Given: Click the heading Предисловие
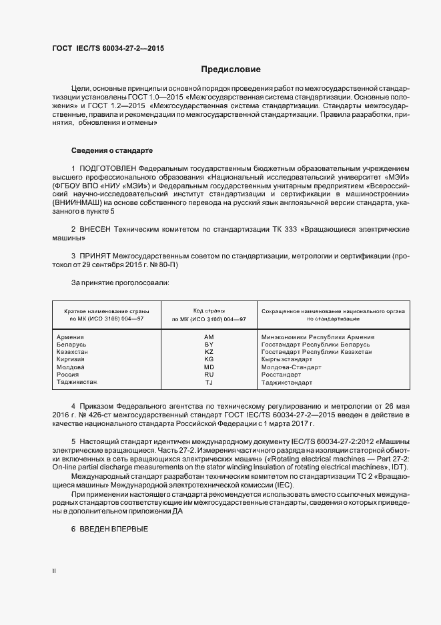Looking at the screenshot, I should (232, 69).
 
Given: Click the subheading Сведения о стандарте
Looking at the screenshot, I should (112, 150).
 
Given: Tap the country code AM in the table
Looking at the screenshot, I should (209, 337).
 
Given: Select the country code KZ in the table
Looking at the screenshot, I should (209, 352).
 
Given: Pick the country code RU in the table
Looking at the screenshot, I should (209, 375).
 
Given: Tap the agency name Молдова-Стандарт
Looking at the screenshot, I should (292, 367).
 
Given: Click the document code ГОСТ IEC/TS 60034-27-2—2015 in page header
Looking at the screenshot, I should (108, 49).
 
